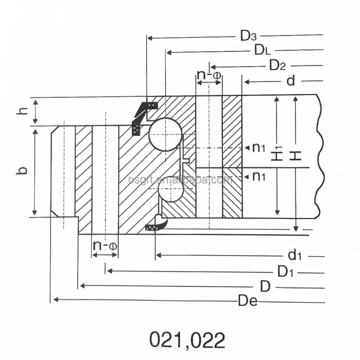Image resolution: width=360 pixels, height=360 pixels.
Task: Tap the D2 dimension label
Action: click(277, 66)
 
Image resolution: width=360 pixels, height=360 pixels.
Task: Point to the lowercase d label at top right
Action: click(291, 81)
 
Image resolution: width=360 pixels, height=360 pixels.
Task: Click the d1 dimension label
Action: click(294, 256)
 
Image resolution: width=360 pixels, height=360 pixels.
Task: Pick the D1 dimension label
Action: click(285, 272)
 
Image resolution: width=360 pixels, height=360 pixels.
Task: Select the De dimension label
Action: click(247, 301)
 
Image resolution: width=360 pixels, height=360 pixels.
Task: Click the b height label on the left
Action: click(22, 171)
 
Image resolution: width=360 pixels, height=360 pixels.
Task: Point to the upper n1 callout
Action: click(258, 148)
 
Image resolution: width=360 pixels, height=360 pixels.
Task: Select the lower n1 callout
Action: click(258, 176)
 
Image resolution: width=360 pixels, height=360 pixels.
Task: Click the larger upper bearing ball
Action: click(166, 134)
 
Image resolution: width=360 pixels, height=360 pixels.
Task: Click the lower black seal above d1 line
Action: click(157, 224)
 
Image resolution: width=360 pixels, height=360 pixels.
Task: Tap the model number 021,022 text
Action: click(187, 341)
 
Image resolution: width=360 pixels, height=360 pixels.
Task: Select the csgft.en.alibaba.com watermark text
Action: click(180, 180)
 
